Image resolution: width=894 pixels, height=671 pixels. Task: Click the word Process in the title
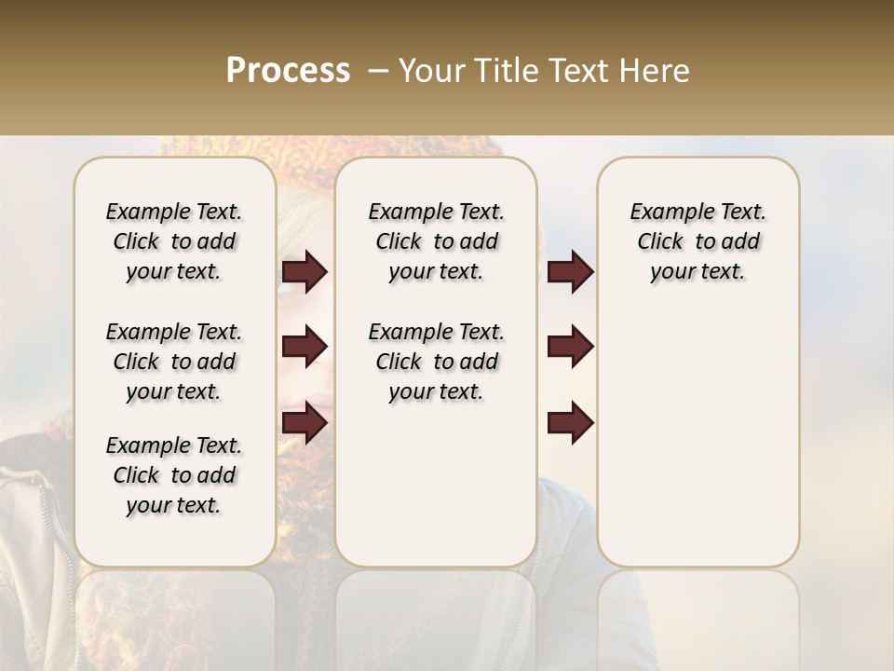[288, 70]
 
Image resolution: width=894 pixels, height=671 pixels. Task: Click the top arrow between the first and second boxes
[305, 272]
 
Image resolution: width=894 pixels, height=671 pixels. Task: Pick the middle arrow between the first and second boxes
[305, 347]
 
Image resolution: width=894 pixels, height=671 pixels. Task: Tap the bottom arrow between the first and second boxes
[305, 422]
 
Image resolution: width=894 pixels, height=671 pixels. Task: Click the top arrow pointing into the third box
[570, 272]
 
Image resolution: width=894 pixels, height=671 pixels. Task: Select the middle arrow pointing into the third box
[570, 347]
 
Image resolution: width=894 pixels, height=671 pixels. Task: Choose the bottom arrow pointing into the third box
[570, 422]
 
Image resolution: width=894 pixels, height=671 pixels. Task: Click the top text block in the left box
[174, 241]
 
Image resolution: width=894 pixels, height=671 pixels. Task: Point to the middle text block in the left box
[174, 362]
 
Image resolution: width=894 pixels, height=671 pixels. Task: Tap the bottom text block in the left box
[174, 475]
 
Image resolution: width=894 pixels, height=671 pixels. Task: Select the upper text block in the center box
[437, 241]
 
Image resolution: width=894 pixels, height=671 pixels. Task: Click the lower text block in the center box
[437, 362]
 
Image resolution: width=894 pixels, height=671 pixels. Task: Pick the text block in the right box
[698, 241]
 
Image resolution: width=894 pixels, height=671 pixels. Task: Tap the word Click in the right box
[660, 242]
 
